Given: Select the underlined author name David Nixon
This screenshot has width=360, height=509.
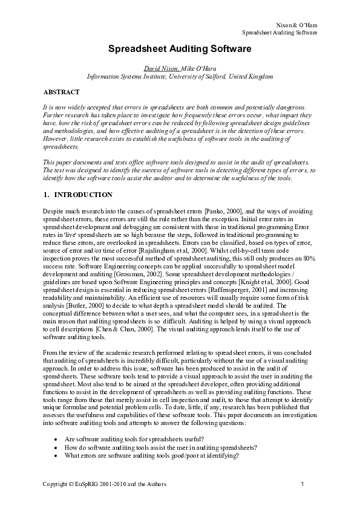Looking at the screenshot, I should coord(160,69).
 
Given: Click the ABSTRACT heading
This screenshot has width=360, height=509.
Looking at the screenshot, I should coord(61,92).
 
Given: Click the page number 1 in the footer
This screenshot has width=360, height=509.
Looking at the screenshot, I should coord(301,485).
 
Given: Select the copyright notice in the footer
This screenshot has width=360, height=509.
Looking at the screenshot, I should coord(105,485).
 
